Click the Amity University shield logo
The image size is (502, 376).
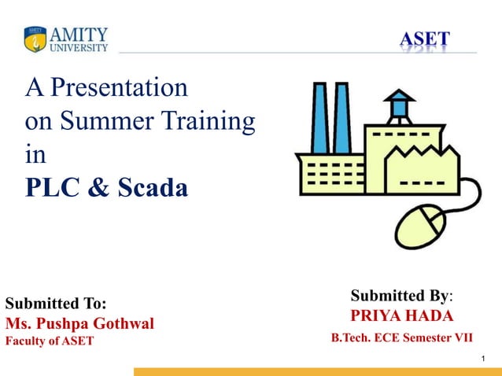[x=35, y=39]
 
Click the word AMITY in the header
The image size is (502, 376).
[x=79, y=35]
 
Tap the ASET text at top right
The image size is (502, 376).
[x=424, y=39]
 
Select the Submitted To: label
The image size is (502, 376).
[x=56, y=304]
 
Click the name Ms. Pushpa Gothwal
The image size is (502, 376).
[x=79, y=323]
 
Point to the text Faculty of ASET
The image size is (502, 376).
[x=50, y=341]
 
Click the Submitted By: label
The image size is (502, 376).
[x=401, y=296]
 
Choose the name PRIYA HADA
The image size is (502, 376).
[x=402, y=316]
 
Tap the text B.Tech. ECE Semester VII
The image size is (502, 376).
[x=402, y=337]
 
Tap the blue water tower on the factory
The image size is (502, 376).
[x=400, y=106]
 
